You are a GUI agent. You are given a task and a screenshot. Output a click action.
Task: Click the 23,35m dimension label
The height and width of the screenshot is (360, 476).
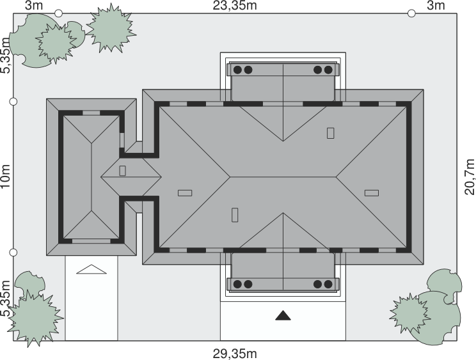click(x=235, y=6)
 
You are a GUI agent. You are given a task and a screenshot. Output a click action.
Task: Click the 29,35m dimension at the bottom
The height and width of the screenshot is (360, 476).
click(x=235, y=354)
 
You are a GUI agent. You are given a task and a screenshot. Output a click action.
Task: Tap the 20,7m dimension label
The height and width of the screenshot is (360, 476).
click(x=470, y=177)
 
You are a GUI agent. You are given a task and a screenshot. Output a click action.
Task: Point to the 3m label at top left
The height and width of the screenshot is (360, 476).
click(x=34, y=6)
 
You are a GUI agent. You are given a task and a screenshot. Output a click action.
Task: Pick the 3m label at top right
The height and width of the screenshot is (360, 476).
click(x=436, y=6)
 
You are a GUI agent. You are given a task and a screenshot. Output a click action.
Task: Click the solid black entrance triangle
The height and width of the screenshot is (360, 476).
click(x=283, y=315)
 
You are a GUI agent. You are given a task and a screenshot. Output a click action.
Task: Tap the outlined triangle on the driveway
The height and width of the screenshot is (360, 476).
click(x=91, y=269)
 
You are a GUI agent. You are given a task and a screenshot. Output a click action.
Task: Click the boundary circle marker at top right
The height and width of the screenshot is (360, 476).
click(x=411, y=13)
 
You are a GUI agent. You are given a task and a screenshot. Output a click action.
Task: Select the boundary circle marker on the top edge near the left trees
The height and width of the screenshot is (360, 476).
click(x=59, y=13)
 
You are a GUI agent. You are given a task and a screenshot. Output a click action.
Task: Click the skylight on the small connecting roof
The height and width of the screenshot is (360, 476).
click(x=122, y=171)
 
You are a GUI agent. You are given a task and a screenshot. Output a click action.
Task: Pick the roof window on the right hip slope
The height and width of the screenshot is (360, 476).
click(x=372, y=193)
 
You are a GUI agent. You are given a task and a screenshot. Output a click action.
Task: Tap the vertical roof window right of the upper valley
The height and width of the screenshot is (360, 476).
click(x=330, y=133)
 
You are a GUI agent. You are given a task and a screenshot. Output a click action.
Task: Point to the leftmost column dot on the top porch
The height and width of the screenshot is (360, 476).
click(x=237, y=70)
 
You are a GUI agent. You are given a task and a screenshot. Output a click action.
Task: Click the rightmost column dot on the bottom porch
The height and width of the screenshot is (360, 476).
click(x=328, y=284)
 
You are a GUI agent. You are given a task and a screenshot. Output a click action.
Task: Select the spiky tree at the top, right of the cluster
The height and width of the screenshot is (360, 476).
click(x=111, y=28)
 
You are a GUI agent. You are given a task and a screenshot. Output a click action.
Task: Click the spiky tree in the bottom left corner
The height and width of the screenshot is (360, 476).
click(x=35, y=318)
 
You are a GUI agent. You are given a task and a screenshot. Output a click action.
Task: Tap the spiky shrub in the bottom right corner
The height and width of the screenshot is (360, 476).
click(x=410, y=313)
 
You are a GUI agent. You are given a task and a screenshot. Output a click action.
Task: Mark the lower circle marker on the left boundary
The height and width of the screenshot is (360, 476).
click(x=13, y=253)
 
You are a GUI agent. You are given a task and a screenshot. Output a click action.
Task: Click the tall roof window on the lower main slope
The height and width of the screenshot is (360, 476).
click(x=235, y=215)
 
